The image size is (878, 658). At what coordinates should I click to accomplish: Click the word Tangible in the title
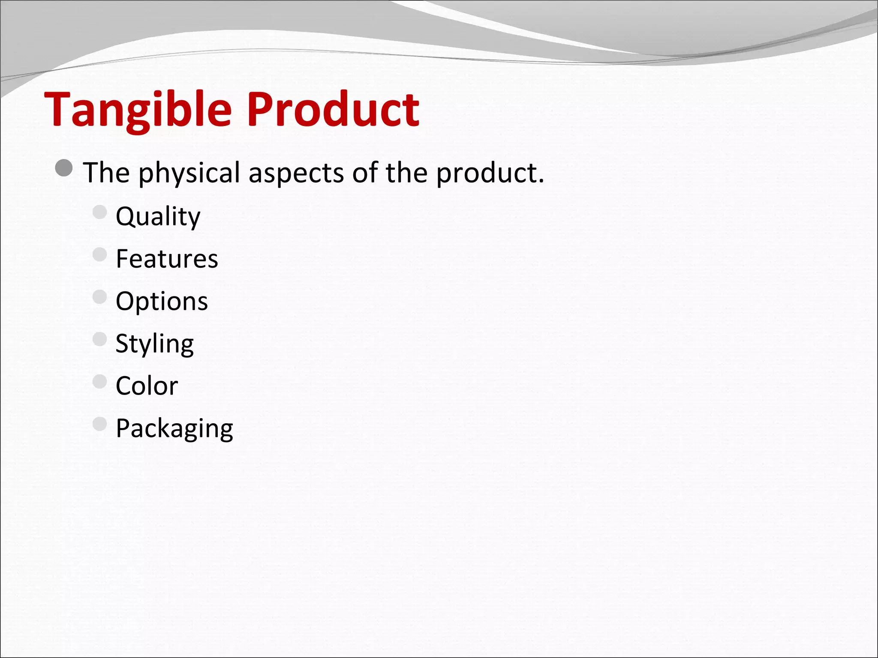coord(138,111)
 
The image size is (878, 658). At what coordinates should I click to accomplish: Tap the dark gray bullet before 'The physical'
coord(64,168)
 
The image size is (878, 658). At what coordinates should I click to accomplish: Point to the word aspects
coord(296,173)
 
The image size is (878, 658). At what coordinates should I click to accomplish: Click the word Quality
coord(158,216)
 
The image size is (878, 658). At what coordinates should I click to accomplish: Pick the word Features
coord(167,259)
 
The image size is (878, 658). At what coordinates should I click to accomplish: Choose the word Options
coord(162,301)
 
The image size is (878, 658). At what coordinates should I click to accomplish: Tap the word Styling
coord(154,344)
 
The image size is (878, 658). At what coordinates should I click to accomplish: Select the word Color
coord(147,386)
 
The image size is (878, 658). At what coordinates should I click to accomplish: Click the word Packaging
coord(174,428)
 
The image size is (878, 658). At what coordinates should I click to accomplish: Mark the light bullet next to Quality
coord(99,212)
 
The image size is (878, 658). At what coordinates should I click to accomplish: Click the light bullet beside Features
coord(99,254)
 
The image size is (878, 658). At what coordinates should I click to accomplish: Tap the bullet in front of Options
coord(99,297)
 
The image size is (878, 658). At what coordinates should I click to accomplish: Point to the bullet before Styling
coord(99,339)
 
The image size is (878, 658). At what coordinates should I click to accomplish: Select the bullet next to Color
coord(99,381)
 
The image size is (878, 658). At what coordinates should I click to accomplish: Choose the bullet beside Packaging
coord(99,424)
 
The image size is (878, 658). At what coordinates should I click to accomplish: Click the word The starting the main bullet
coord(106,173)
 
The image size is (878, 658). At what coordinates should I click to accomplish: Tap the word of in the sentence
coord(364,173)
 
